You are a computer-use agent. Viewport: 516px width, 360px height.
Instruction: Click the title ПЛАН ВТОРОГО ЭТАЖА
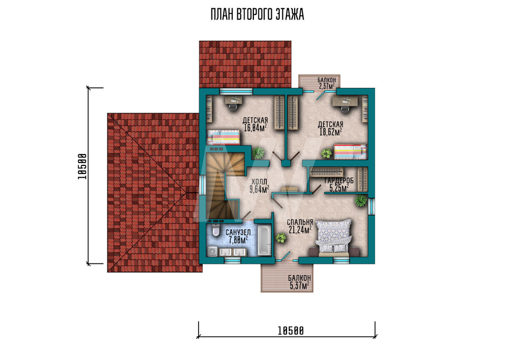(x=257, y=15)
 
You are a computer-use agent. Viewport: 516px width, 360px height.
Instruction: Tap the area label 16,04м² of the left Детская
(x=255, y=128)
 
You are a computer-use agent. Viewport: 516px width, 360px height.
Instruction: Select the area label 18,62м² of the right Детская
(x=330, y=132)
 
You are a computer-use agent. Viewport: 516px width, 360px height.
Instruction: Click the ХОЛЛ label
(x=260, y=182)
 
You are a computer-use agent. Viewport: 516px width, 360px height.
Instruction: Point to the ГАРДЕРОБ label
(x=339, y=181)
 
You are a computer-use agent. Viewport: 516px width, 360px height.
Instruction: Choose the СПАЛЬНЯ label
(x=300, y=222)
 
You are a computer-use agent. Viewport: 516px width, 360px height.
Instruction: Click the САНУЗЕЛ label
(x=238, y=233)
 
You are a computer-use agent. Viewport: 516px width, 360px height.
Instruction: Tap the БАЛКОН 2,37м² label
(x=327, y=83)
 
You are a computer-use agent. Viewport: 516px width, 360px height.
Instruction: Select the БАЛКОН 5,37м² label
(x=299, y=282)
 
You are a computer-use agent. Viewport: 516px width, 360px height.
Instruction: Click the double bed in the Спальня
(x=334, y=237)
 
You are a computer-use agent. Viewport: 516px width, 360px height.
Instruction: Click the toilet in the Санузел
(x=216, y=230)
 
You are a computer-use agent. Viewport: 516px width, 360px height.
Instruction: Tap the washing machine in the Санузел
(x=212, y=252)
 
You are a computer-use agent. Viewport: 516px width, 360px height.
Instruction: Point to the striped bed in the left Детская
(x=223, y=137)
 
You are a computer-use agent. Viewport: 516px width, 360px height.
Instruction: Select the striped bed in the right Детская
(x=350, y=151)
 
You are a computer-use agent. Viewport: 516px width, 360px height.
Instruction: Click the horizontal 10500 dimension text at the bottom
(x=291, y=331)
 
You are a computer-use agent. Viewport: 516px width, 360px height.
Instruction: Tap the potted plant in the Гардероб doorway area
(x=361, y=200)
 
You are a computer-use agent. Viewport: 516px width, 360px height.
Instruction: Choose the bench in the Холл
(x=289, y=189)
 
